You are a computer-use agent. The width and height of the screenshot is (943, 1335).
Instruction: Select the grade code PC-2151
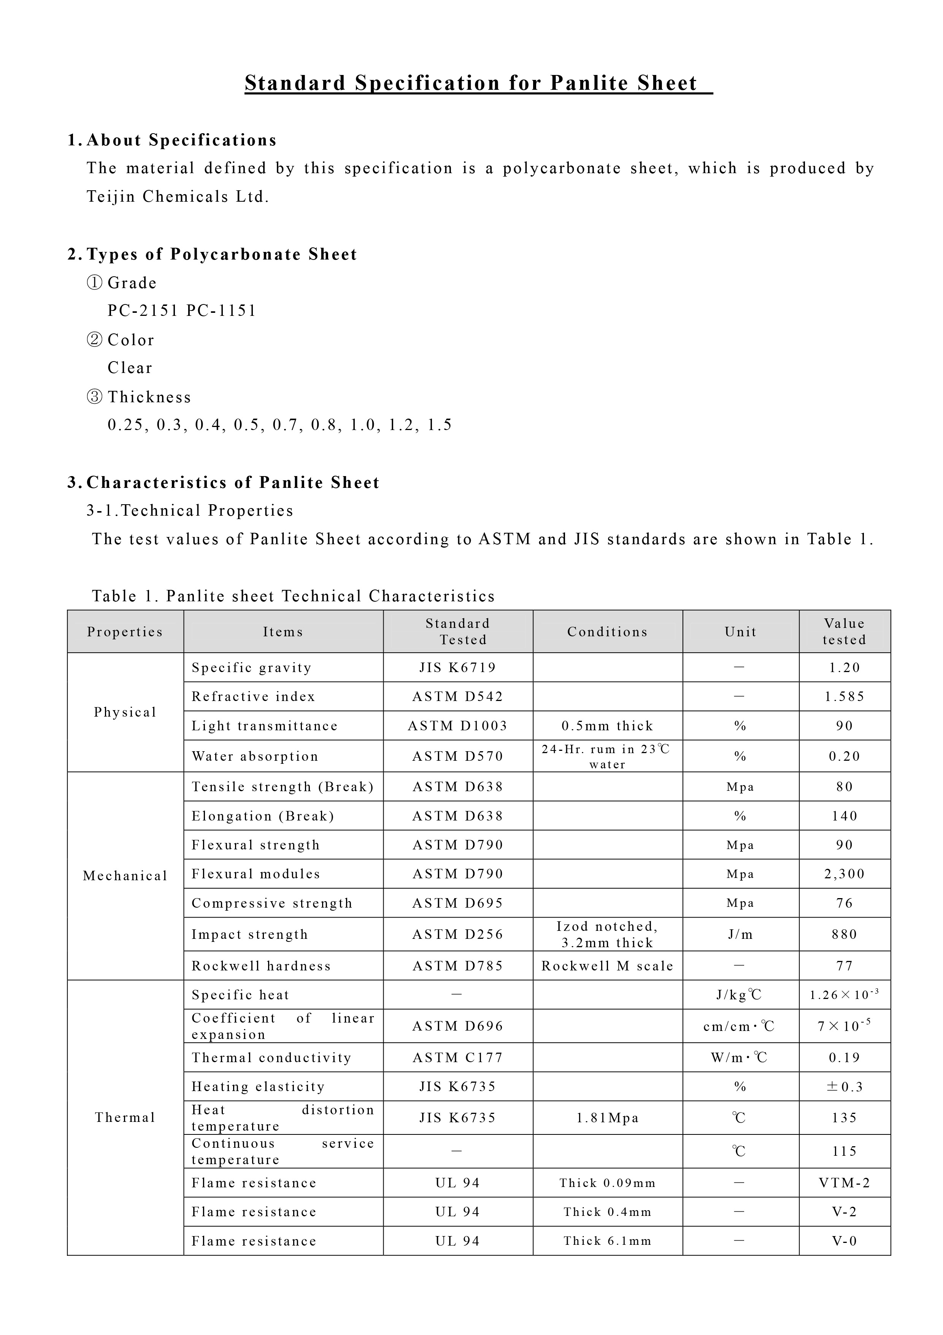pos(143,311)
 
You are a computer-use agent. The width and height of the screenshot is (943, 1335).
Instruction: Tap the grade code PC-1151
pos(221,311)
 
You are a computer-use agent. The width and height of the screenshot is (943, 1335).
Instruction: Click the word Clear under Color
pos(130,368)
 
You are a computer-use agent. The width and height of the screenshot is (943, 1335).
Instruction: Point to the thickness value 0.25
pos(125,425)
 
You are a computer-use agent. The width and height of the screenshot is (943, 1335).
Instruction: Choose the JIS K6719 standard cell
pos(458,667)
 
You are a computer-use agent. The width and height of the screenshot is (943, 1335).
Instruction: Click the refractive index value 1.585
pos(844,696)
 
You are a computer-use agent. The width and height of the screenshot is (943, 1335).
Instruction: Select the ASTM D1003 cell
pos(458,726)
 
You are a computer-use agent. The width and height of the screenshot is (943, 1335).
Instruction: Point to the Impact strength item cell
pos(250,934)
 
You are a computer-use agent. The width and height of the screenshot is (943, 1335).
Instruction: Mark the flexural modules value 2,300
pos(844,874)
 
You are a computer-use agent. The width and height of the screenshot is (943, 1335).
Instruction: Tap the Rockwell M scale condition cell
pos(607,966)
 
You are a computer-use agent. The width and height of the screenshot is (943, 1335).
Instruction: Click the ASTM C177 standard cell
pos(458,1058)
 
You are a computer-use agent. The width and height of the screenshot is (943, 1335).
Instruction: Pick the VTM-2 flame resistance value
pos(844,1183)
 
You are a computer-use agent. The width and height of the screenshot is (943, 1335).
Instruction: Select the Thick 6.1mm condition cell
pos(607,1241)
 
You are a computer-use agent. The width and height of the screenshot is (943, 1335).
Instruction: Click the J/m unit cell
pos(740,934)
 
